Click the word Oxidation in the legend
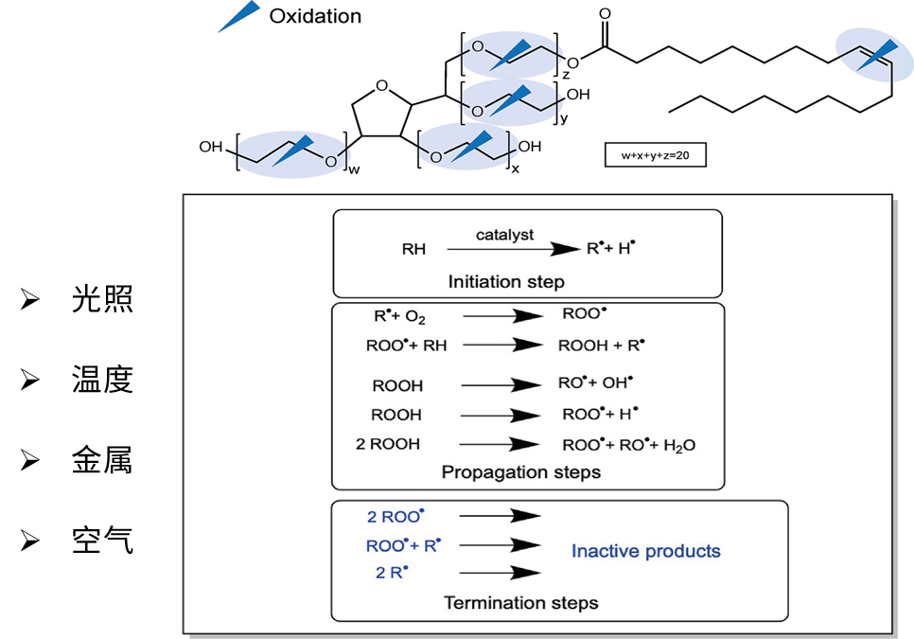tap(315, 15)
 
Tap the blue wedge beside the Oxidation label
tap(238, 16)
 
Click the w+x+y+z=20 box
tap(655, 154)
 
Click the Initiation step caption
tap(519, 281)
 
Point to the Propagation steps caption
tap(520, 471)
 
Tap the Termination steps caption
tap(522, 602)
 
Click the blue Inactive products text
tap(646, 551)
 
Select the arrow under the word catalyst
tap(511, 250)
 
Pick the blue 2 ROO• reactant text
tap(395, 517)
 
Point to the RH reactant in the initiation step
tap(413, 250)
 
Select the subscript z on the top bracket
tap(566, 72)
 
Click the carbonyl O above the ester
tap(606, 15)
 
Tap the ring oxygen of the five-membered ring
tap(381, 87)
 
